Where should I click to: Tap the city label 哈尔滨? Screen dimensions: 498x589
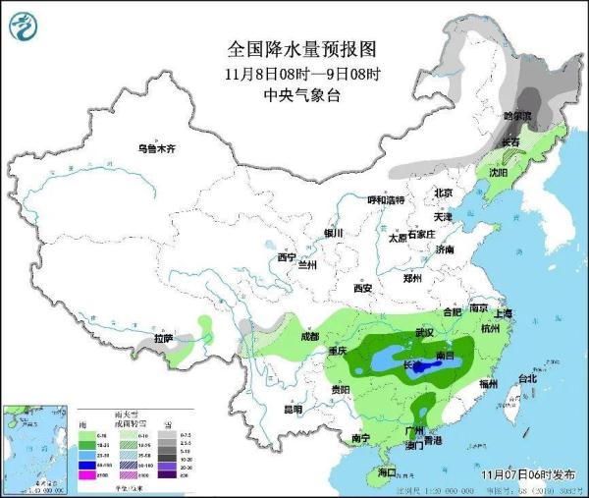(x=517, y=116)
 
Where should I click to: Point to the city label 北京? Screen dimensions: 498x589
(x=444, y=193)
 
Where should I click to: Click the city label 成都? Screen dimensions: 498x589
(x=310, y=336)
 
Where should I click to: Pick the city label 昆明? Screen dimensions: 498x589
(x=293, y=409)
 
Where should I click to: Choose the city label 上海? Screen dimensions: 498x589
(x=504, y=313)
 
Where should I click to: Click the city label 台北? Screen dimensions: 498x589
(x=527, y=378)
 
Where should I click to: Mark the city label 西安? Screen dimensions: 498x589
(x=362, y=288)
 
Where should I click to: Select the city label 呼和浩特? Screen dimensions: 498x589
(x=386, y=200)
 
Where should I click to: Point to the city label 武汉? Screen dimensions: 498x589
(x=424, y=333)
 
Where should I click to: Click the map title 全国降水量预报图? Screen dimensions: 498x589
(x=301, y=48)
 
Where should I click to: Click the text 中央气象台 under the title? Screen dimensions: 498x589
(x=301, y=95)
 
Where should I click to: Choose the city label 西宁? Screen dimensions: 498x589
(x=287, y=257)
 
